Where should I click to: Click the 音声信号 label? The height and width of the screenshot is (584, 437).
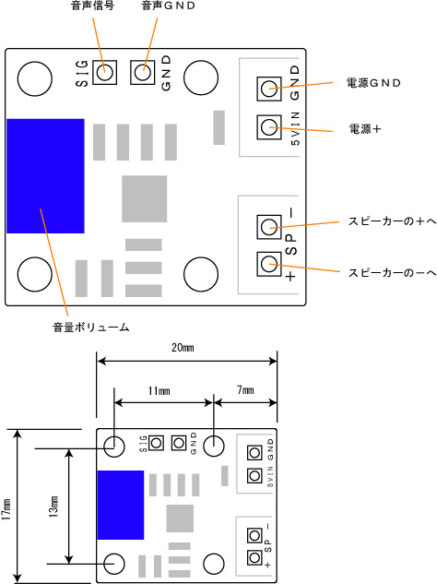coord(92,6)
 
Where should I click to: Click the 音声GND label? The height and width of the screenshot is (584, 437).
coord(169,6)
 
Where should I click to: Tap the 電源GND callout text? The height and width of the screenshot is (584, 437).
coord(373,83)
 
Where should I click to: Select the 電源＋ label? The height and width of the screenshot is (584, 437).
coord(365,129)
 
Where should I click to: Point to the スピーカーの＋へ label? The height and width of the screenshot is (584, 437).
coord(393,221)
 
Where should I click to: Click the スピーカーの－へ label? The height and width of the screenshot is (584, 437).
coord(393,273)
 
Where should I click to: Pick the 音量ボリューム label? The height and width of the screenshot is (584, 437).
coord(91,328)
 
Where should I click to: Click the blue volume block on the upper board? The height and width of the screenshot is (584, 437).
coord(45,176)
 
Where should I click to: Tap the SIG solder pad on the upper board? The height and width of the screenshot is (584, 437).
coord(104,72)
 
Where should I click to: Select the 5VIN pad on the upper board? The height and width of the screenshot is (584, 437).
coord(269,127)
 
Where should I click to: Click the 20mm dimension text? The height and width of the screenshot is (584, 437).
coord(183,348)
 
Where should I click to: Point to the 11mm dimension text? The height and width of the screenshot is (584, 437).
coord(159,390)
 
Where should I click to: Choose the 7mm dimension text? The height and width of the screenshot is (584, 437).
coord(245,390)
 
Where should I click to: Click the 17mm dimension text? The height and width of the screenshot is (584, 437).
coord(7,509)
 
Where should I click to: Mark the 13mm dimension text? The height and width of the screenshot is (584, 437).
coord(53,507)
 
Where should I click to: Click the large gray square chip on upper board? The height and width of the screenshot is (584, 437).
coord(145,199)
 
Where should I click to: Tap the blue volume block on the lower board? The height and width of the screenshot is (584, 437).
coord(121,505)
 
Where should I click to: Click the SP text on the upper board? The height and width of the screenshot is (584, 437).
coord(291,244)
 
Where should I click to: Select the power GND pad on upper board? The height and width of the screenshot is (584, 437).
coord(269,89)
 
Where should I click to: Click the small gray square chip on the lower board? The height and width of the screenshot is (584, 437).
coord(180,518)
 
